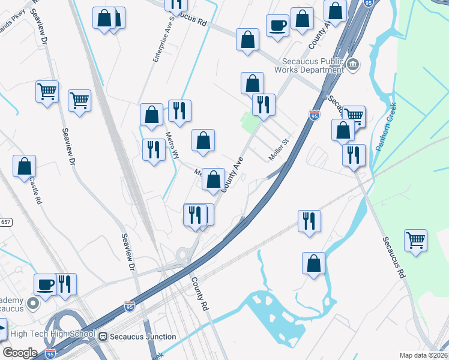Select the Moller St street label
click(279, 149)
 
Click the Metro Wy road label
click(172, 145)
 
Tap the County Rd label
click(199, 293)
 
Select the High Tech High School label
click(53, 334)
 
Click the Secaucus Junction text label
click(143, 337)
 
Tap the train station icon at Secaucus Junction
click(103, 337)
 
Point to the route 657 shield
click(5, 221)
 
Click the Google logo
click(20, 352)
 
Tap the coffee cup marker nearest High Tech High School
click(45, 283)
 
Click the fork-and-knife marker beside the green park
click(264, 104)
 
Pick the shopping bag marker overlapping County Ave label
click(213, 179)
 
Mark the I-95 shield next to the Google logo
click(51, 355)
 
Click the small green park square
click(248, 122)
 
